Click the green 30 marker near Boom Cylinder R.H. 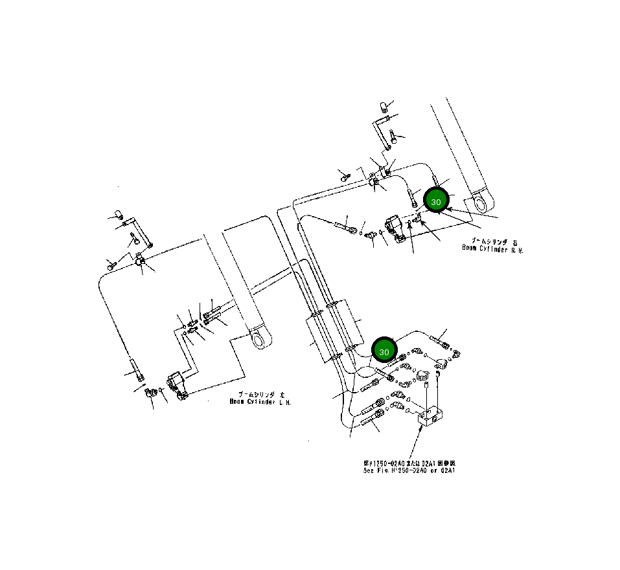click(x=436, y=202)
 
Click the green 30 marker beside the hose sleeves click(x=384, y=351)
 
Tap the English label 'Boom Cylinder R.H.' click(x=492, y=248)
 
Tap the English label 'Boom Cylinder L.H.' click(x=260, y=401)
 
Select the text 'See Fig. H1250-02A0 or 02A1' click(x=409, y=470)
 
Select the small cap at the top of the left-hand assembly click(x=119, y=215)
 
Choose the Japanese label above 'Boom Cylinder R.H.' click(x=494, y=240)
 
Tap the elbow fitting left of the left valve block click(x=150, y=391)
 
